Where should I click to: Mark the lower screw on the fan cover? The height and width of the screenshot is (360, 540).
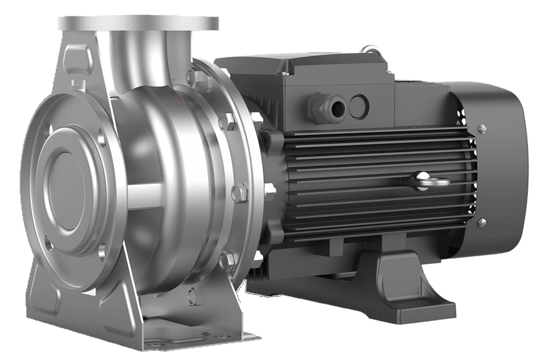click(x=482, y=222)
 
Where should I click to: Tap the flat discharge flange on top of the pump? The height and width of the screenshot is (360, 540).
click(x=138, y=23)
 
